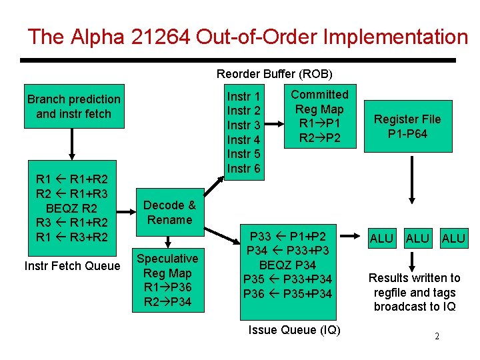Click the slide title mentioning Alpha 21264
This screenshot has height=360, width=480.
point(247,37)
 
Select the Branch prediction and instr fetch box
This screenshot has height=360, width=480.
point(73,107)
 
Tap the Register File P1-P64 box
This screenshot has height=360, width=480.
point(407,127)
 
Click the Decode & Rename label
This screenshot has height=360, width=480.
point(169,213)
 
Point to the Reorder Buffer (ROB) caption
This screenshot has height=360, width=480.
point(274,73)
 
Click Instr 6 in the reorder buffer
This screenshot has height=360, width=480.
point(244,169)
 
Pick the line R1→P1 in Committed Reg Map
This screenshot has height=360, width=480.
point(319,123)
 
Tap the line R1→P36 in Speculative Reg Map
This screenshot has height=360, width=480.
point(167,287)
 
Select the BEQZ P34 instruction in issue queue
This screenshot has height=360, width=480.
point(287,265)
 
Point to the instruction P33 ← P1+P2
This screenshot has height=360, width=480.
point(287,236)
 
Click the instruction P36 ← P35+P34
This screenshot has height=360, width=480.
point(287,293)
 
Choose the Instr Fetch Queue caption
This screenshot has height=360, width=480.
point(72,266)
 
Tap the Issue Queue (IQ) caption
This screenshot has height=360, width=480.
point(294,329)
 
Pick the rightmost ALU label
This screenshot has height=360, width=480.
point(453,239)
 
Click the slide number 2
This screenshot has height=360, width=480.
point(437,336)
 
